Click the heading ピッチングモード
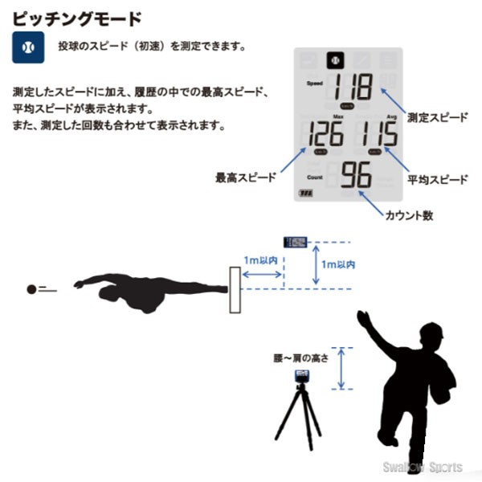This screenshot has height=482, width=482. pyautogui.click(x=77, y=17)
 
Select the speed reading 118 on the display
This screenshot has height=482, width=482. pyautogui.click(x=349, y=86)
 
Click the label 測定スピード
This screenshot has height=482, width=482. pyautogui.click(x=437, y=117)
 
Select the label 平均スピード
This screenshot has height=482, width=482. pyautogui.click(x=437, y=178)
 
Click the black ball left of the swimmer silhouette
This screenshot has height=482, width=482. pyautogui.click(x=31, y=289)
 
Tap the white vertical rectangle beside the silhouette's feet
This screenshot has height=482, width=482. pyautogui.click(x=235, y=290)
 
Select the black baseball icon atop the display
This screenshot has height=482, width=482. pyautogui.click(x=333, y=60)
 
